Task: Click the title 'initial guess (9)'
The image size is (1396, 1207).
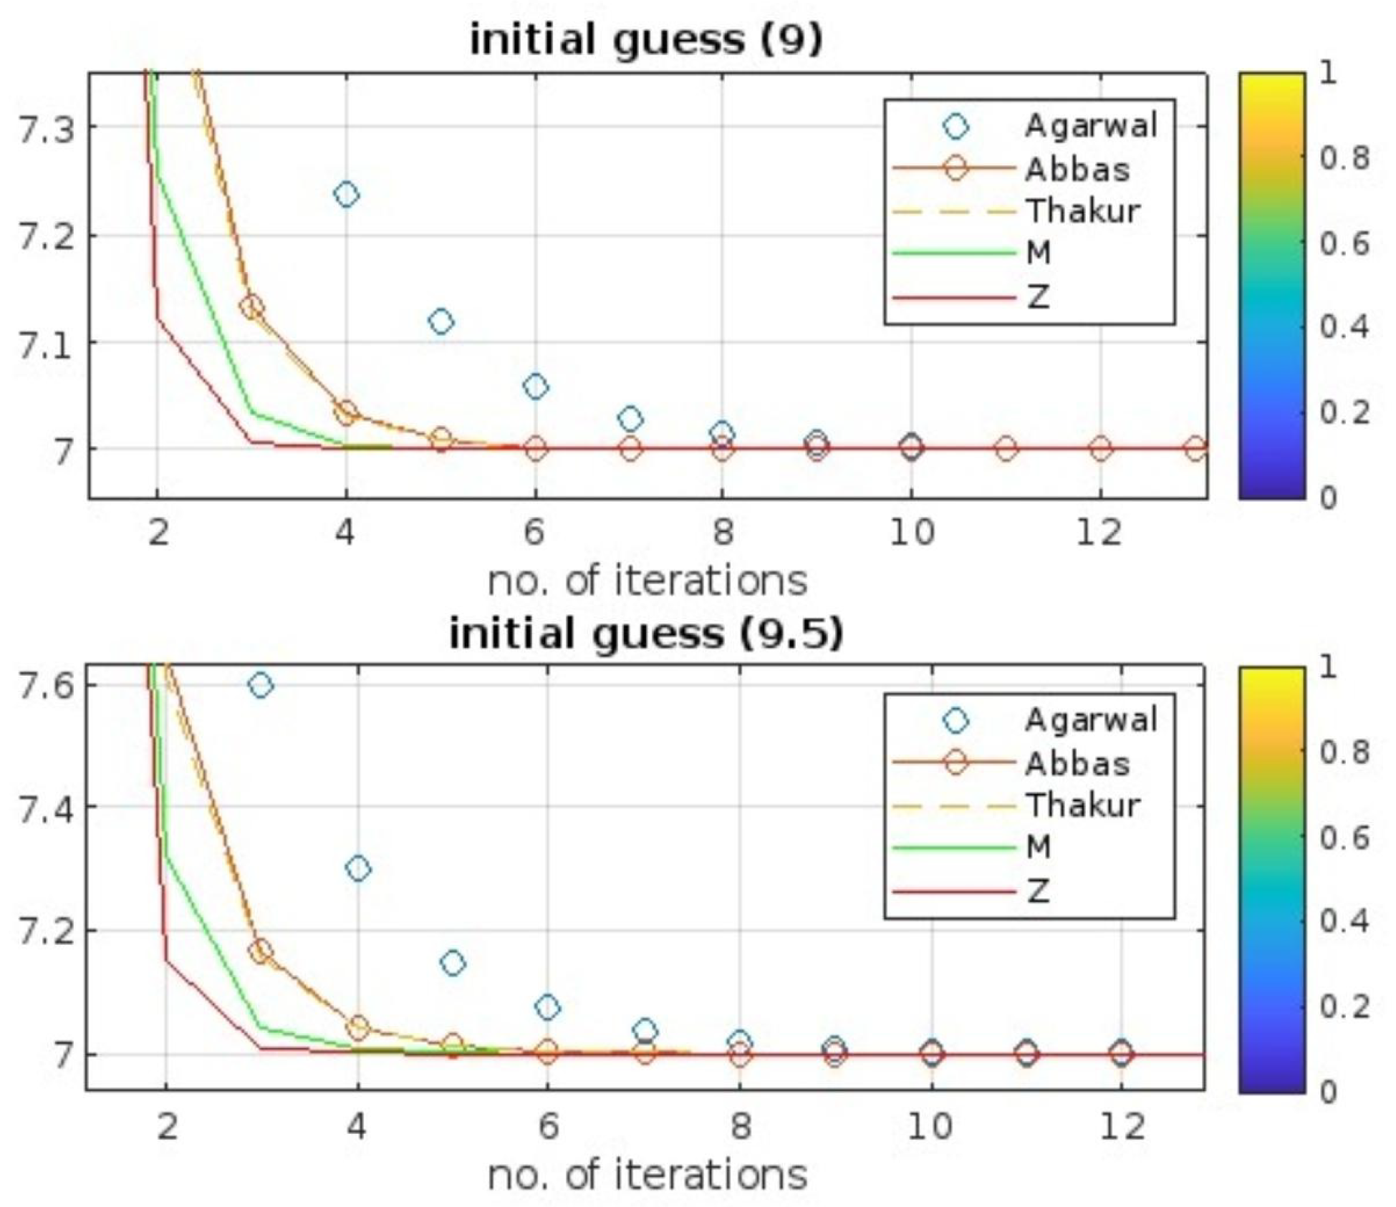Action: [x=646, y=39]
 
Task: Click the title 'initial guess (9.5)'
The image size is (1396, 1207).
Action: [x=646, y=633]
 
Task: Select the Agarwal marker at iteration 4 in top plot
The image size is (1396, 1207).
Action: [x=346, y=195]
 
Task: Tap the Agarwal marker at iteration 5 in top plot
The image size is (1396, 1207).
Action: [x=441, y=321]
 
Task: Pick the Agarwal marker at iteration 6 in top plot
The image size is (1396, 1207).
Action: [x=535, y=387]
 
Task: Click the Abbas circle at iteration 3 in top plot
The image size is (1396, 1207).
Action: [x=251, y=308]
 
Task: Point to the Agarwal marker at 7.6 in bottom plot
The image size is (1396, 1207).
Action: [x=261, y=685]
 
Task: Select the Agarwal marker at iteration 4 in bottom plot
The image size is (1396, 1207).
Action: [x=357, y=869]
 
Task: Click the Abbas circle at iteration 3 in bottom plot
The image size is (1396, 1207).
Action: [x=261, y=951]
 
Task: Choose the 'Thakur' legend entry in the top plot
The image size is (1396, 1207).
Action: [x=1082, y=211]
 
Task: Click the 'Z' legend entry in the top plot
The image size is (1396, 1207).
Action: [x=1039, y=296]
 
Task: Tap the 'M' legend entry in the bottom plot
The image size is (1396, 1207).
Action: [x=1039, y=848]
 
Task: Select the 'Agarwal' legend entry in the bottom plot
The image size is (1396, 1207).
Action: [x=1090, y=720]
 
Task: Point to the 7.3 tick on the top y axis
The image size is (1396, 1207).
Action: [x=45, y=131]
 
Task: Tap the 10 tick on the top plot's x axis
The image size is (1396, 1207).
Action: [x=911, y=533]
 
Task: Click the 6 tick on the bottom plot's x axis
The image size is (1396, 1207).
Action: [x=547, y=1127]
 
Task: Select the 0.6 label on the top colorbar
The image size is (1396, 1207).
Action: [x=1344, y=243]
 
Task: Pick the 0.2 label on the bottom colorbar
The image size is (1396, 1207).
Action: [x=1344, y=1006]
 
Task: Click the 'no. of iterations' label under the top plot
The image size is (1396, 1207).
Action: [x=647, y=581]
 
